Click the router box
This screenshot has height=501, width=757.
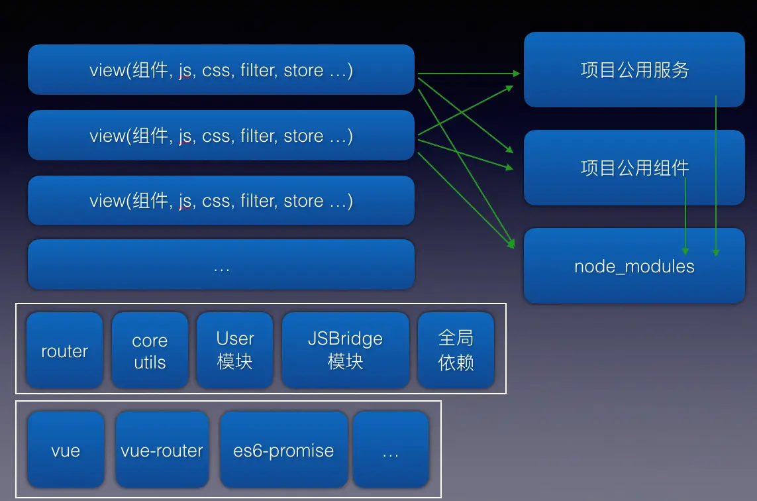(65, 350)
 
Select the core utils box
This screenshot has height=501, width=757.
(150, 350)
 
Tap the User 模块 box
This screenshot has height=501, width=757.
(234, 350)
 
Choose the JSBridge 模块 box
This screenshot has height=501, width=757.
(345, 350)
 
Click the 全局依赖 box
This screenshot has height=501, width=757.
(456, 350)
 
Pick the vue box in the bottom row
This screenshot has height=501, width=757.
(66, 449)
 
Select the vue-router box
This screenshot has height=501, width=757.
(162, 449)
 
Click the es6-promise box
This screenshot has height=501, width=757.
(283, 449)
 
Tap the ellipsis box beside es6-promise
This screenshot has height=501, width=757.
(391, 449)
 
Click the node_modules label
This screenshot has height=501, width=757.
(634, 266)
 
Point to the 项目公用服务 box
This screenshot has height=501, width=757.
(634, 70)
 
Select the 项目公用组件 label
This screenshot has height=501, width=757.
(634, 168)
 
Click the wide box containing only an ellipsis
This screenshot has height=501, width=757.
(221, 264)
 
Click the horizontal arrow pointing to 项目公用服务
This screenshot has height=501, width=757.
(469, 74)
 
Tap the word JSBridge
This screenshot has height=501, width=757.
(345, 339)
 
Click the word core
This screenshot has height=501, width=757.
(150, 341)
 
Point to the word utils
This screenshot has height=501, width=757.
(150, 362)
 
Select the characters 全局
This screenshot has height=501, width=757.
(456, 338)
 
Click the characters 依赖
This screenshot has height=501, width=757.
(456, 362)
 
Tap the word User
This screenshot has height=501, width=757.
(234, 339)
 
